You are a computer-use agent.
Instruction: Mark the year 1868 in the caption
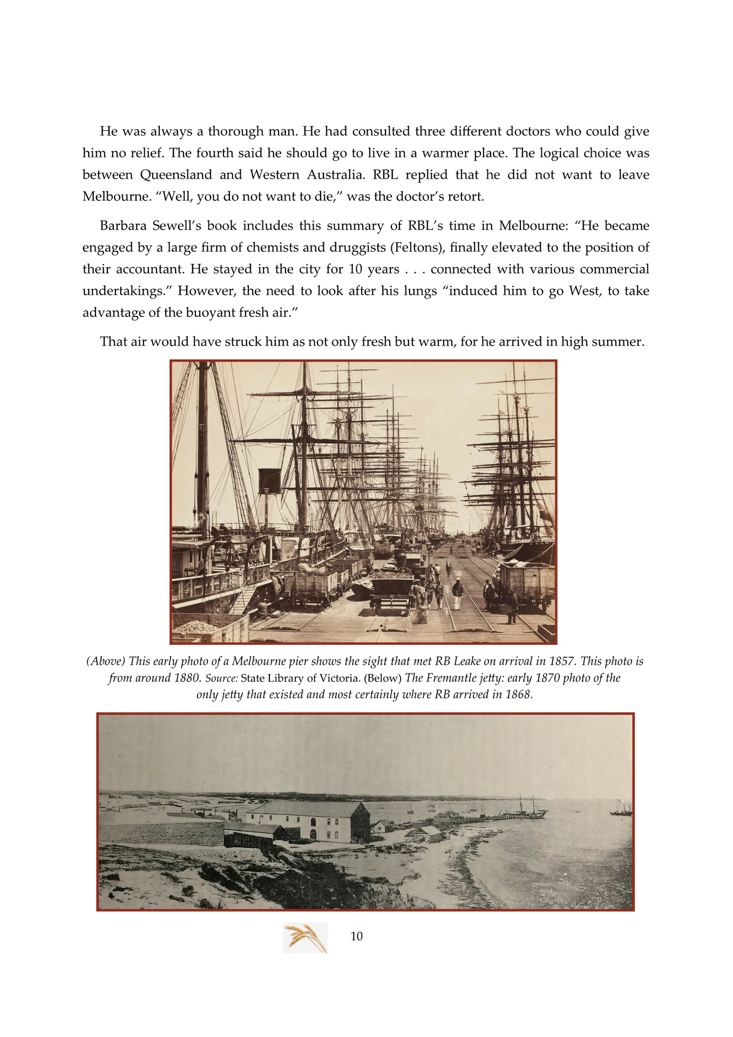pos(518,695)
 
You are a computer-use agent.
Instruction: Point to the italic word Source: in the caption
pos(222,678)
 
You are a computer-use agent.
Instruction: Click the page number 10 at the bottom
pos(357,937)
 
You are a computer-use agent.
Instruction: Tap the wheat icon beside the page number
pos(306,937)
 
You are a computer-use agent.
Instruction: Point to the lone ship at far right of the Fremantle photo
pos(621,810)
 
